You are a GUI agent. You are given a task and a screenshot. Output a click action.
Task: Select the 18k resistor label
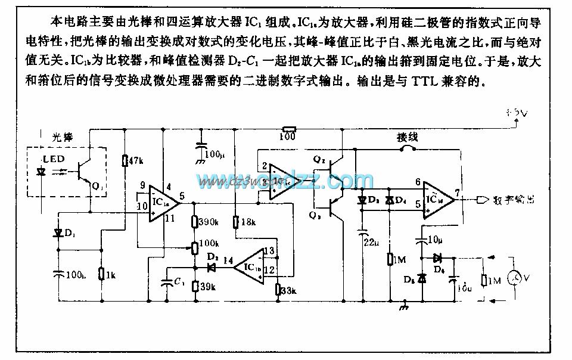click(x=247, y=222)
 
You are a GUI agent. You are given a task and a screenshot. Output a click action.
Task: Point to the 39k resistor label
click(x=207, y=286)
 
